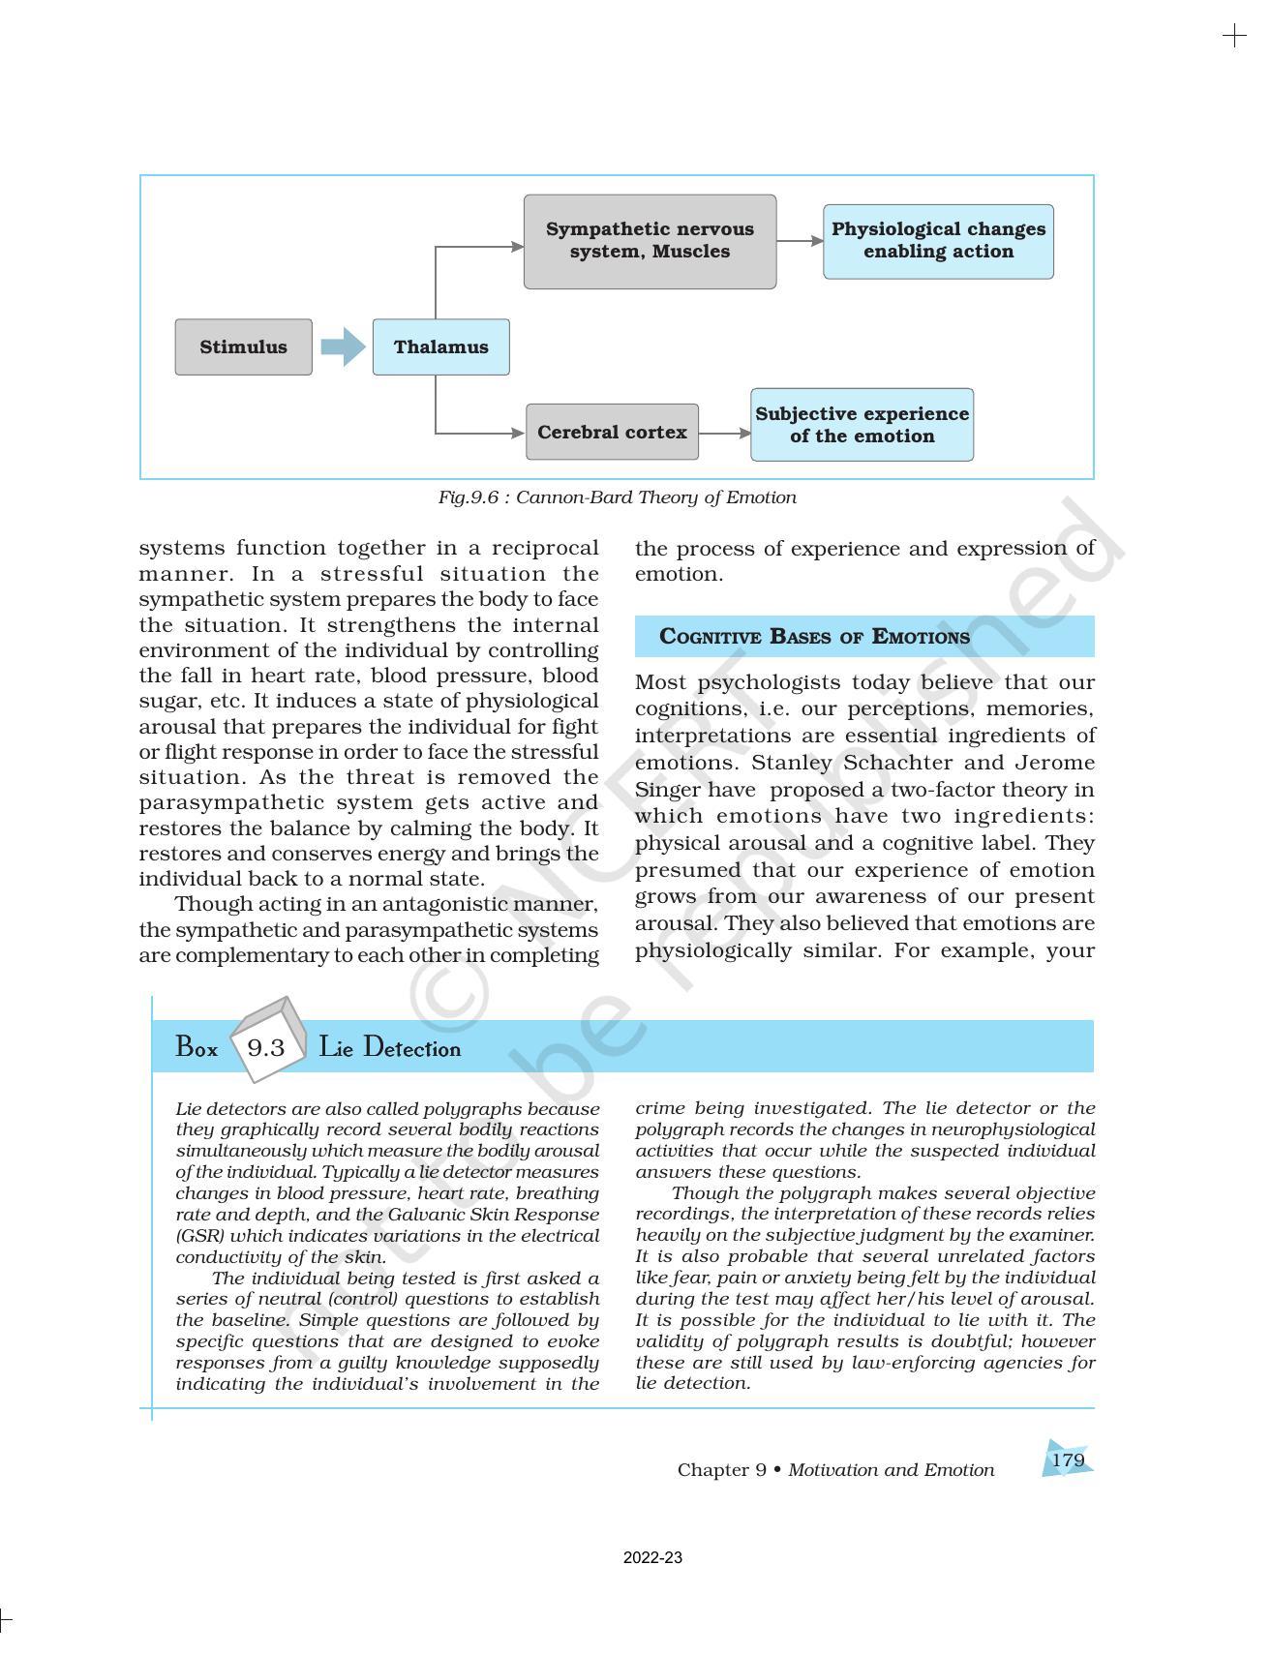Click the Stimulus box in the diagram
[243, 347]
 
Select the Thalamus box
[440, 347]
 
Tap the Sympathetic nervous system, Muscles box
[650, 241]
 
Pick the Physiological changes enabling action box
[938, 241]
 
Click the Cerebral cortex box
[612, 433]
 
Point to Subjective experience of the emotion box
[862, 425]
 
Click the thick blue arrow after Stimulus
[342, 346]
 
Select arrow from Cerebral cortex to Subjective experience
[724, 434]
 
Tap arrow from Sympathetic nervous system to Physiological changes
[800, 241]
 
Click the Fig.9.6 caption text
[617, 497]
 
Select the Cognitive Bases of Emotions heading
[814, 637]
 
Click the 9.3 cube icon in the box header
[266, 1045]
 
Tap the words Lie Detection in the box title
[389, 1048]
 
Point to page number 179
[1068, 1460]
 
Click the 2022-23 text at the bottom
[652, 1558]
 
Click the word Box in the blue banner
[197, 1048]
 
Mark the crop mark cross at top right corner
[1234, 37]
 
